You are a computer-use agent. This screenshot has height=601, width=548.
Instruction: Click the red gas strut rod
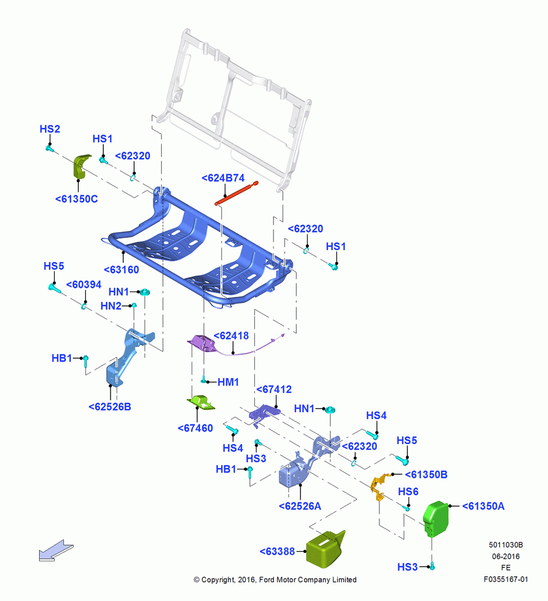[236, 193]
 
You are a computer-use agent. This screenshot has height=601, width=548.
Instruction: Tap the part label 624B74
[223, 178]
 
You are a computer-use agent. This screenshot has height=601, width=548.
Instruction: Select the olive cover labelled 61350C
[81, 166]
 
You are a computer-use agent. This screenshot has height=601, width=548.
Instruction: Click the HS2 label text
[50, 129]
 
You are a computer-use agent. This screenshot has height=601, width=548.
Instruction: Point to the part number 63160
[121, 269]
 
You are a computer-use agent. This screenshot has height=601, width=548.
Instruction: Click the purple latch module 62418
[202, 343]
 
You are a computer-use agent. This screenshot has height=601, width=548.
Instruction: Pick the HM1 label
[228, 382]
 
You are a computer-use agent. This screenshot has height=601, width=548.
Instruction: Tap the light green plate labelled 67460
[201, 403]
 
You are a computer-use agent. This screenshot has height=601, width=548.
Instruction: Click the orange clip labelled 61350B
[380, 487]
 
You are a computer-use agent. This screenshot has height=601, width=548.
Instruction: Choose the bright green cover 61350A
[436, 519]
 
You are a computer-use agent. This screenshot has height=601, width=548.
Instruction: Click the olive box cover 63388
[325, 549]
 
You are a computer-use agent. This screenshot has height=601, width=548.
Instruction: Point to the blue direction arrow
[56, 551]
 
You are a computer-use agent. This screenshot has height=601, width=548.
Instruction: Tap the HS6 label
[408, 492]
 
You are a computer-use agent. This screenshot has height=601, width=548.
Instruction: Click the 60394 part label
[84, 284]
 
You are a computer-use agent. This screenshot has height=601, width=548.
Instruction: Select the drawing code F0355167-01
[505, 579]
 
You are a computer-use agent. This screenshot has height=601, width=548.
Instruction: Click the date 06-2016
[506, 556]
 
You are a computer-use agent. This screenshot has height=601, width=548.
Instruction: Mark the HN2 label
[111, 306]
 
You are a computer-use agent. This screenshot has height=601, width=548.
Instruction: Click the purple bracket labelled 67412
[264, 413]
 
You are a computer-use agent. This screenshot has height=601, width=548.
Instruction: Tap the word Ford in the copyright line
[267, 579]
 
